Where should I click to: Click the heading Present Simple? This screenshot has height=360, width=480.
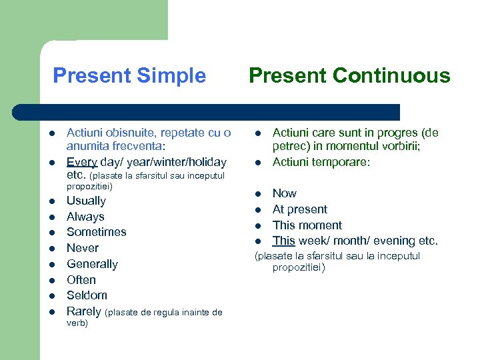point(129,76)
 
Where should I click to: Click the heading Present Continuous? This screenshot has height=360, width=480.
point(349,76)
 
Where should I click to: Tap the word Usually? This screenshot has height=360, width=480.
point(86,201)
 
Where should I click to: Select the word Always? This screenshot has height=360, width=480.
point(85,217)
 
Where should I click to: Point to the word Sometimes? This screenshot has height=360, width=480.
point(96,232)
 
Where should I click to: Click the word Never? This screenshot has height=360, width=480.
point(83,248)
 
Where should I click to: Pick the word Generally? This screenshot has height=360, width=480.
point(92,264)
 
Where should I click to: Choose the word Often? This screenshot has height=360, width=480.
point(81,280)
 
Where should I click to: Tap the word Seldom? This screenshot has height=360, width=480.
point(87,295)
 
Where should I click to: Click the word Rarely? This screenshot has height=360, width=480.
point(84,311)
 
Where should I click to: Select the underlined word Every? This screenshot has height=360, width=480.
point(81,162)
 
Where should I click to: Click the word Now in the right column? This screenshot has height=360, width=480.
point(284,193)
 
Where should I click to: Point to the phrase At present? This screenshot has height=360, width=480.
point(300,209)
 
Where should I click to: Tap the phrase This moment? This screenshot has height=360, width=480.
point(307,225)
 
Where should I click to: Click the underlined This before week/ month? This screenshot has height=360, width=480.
point(283,241)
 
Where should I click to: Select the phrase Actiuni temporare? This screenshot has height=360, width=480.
point(321,162)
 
